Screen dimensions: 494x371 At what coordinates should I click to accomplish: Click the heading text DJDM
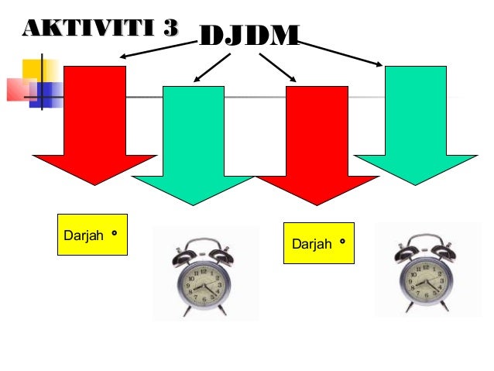249,35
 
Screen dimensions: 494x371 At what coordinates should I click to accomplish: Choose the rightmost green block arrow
416,124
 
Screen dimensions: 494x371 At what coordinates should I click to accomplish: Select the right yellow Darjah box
319,244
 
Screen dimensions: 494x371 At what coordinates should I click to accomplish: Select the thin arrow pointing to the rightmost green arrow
341,52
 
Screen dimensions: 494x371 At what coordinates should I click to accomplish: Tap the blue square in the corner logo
51,94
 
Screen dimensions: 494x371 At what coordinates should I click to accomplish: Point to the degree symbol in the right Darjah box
341,242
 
